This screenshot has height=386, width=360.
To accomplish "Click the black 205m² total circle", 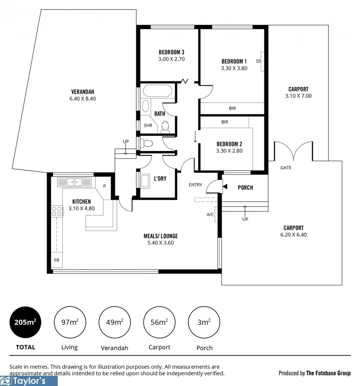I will pyautogui.click(x=25, y=322).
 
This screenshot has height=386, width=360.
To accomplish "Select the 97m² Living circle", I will pyautogui.click(x=69, y=322).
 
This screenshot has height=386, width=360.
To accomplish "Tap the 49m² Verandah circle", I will pyautogui.click(x=114, y=322).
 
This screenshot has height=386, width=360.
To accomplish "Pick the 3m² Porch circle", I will pyautogui.click(x=204, y=322).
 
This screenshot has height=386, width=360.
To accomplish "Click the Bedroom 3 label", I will pyautogui.click(x=171, y=52).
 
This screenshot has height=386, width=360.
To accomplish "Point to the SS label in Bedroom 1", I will pyautogui.click(x=258, y=61).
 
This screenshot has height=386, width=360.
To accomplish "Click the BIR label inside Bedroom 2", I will pyautogui.click(x=225, y=122).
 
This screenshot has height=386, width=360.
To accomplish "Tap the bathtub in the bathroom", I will pyautogui.click(x=157, y=91).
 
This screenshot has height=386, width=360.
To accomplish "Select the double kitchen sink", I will pyautogui.click(x=74, y=182).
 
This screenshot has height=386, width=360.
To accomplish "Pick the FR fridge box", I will pyautogui.click(x=57, y=260).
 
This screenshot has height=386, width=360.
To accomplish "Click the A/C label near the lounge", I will pyautogui.click(x=210, y=215).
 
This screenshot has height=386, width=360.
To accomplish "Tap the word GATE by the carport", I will pyautogui.click(x=285, y=168).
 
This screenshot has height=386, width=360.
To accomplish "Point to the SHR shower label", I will pyautogui.click(x=148, y=125).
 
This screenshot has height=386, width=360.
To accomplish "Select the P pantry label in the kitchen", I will pyautogui.click(x=105, y=186).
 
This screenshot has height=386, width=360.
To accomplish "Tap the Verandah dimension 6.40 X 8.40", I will pyautogui.click(x=83, y=98).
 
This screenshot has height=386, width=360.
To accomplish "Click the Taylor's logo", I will pyautogui.click(x=29, y=381).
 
